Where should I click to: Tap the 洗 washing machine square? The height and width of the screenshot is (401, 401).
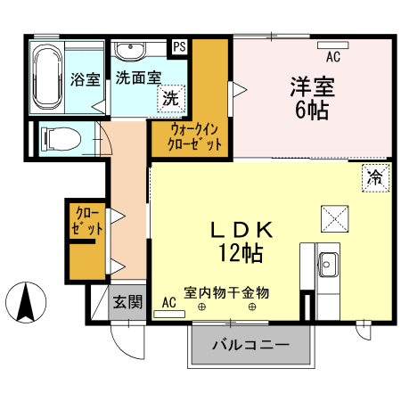169,99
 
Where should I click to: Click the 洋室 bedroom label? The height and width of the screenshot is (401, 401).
311,88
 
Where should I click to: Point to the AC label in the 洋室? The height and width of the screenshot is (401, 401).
333,58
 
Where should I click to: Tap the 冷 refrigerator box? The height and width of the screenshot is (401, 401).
375,176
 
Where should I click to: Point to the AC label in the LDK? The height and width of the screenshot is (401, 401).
169,303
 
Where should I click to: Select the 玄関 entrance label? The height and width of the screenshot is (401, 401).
127,302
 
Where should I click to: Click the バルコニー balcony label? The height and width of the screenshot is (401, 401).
250,345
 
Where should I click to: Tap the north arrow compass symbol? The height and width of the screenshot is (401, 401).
28,302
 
